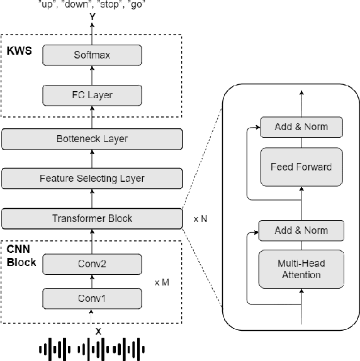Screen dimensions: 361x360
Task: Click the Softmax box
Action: (x=92, y=55)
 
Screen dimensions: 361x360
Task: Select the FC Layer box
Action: (x=92, y=96)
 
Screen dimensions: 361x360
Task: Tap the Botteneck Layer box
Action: (x=92, y=138)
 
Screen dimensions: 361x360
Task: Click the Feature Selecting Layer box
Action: (x=92, y=179)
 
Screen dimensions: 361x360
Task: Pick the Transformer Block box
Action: (x=92, y=219)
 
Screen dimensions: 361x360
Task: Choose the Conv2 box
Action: (x=92, y=265)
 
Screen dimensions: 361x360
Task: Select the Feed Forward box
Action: (x=301, y=167)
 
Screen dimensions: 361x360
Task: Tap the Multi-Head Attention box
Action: (x=301, y=270)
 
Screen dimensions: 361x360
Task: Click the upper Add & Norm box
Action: (x=301, y=127)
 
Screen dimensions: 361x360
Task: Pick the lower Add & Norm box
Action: (x=301, y=230)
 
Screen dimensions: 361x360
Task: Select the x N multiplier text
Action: (x=201, y=219)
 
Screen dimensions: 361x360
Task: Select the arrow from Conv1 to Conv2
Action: (x=92, y=281)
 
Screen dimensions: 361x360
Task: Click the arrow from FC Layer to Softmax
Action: (x=92, y=75)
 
